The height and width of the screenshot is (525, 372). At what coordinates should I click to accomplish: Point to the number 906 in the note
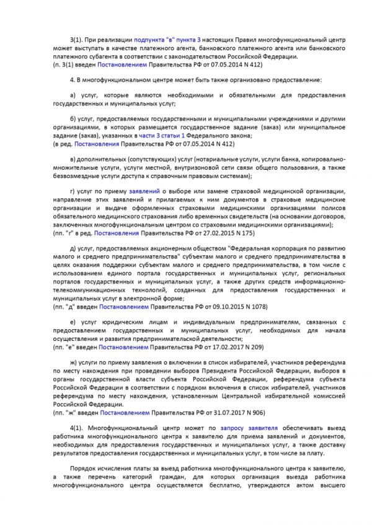pyautogui.click(x=255, y=412)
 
